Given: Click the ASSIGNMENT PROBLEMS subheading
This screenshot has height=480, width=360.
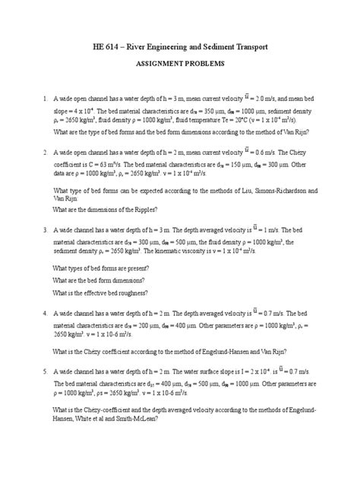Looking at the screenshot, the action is click(179, 66).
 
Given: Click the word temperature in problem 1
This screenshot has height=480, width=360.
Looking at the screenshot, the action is click(201, 120).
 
